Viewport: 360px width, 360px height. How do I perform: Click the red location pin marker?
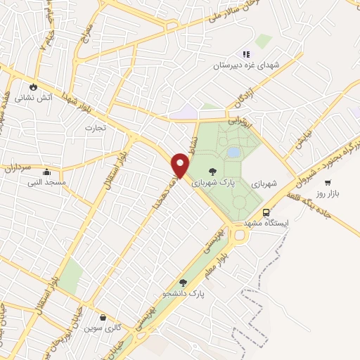point(181,165)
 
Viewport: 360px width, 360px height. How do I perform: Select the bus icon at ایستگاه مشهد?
point(266,212)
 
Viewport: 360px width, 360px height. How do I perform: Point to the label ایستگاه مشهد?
point(266,223)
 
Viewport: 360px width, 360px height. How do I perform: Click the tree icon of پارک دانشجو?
point(184,283)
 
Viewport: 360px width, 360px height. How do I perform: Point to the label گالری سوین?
point(103,328)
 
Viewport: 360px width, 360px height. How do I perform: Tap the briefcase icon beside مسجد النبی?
point(46,172)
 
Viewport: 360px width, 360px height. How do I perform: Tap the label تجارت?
point(94,128)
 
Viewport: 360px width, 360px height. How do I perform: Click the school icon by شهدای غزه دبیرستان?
point(245,54)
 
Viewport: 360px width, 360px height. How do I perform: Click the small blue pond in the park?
point(233,153)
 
